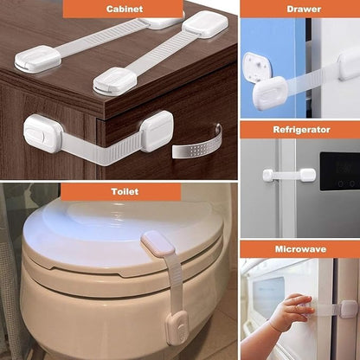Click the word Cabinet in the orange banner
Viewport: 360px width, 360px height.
(125, 9)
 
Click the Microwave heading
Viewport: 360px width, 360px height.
(299, 249)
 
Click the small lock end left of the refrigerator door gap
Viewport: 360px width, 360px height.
(269, 175)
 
